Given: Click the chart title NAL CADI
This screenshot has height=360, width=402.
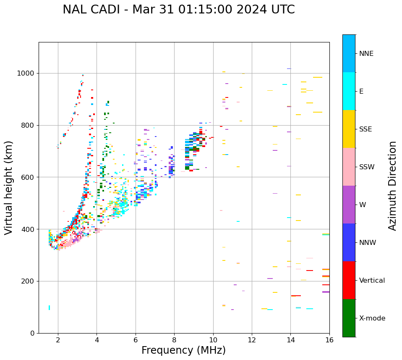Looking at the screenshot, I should coord(178,10).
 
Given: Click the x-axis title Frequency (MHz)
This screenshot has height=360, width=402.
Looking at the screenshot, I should coord(183,350).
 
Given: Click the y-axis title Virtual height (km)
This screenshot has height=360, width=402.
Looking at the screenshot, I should coord(9,187).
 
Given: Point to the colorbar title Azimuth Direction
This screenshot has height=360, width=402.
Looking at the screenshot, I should coord(392,186).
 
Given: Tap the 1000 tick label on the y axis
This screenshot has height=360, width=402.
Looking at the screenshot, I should coord(26,74).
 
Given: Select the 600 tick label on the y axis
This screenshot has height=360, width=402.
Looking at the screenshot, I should coord(29,177).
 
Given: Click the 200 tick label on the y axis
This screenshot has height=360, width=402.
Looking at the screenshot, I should coord(29,281).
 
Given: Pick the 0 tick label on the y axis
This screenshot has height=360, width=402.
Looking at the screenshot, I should coord(33,333).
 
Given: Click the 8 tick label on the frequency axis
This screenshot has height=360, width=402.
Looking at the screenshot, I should coord(174,339).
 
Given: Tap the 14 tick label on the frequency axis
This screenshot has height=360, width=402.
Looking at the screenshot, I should coord(290,339).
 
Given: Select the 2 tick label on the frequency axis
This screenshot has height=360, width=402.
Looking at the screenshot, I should coord(58,339).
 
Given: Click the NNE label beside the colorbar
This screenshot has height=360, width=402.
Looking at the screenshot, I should coord(366,54).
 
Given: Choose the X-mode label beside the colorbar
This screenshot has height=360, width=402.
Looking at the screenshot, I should coord(372,318).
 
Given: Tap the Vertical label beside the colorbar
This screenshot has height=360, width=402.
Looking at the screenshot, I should coord(372,281).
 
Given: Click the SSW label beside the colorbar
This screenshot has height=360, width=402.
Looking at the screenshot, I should coord(367,167).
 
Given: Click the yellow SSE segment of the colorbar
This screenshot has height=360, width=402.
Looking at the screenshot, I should coord(349,129).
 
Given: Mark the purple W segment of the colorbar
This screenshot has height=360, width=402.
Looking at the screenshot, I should coord(349,205).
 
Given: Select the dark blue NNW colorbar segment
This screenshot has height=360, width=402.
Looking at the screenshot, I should coord(349,242).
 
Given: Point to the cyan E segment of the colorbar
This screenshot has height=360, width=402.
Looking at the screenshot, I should coord(349,91).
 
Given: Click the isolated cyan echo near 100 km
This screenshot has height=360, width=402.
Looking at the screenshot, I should coord(49,307).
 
